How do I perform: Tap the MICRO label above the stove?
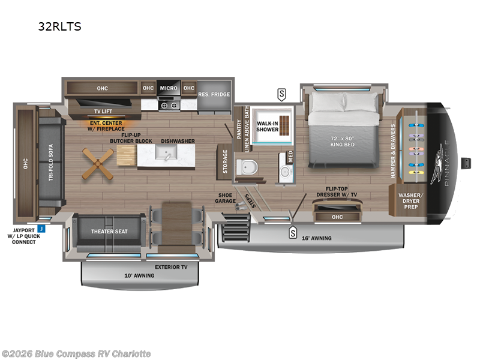[x=169, y=88]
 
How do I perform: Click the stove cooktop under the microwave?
[x=169, y=104]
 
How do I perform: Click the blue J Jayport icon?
[x=41, y=228]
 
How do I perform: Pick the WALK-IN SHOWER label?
[x=268, y=125]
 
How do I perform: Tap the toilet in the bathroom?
[x=245, y=168]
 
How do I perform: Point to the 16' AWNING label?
[x=316, y=238]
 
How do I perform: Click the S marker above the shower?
[x=281, y=93]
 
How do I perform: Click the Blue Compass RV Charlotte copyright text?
[x=77, y=353]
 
